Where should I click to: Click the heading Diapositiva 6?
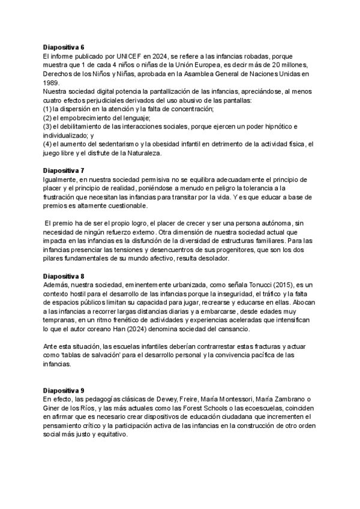point(64,47)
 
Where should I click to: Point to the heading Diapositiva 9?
point(64,390)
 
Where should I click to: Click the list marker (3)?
point(47,127)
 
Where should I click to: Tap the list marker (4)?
point(47,145)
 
